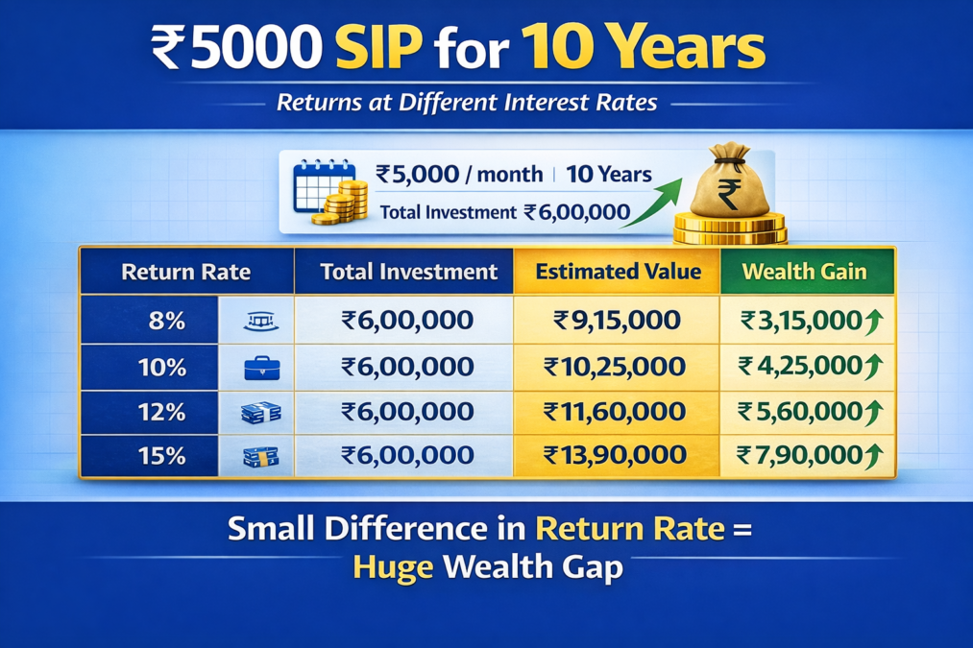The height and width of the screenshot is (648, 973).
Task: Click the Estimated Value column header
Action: coord(618,272)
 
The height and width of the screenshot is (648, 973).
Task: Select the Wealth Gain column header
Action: coord(804,272)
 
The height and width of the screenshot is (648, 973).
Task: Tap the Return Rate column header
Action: coord(185,272)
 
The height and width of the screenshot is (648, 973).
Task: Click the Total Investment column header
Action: coord(409,272)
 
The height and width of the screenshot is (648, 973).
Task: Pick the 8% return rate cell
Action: coord(166,321)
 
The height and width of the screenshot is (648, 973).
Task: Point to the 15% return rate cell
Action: coord(161,456)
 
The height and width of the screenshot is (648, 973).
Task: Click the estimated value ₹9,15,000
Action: coord(617,321)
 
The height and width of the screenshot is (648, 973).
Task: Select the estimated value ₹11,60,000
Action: coord(615,412)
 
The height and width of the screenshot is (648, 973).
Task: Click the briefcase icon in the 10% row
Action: coord(262,369)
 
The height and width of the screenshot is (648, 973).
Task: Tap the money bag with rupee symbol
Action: coord(730,181)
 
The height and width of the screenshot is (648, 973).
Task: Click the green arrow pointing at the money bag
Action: coord(651,203)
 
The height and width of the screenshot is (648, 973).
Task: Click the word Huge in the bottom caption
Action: coord(393,566)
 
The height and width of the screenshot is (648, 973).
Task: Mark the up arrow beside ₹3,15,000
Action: coord(874,322)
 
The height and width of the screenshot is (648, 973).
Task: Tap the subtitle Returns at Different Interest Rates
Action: coord(467,103)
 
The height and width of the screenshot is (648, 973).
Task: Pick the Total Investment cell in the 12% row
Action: coord(407,412)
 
